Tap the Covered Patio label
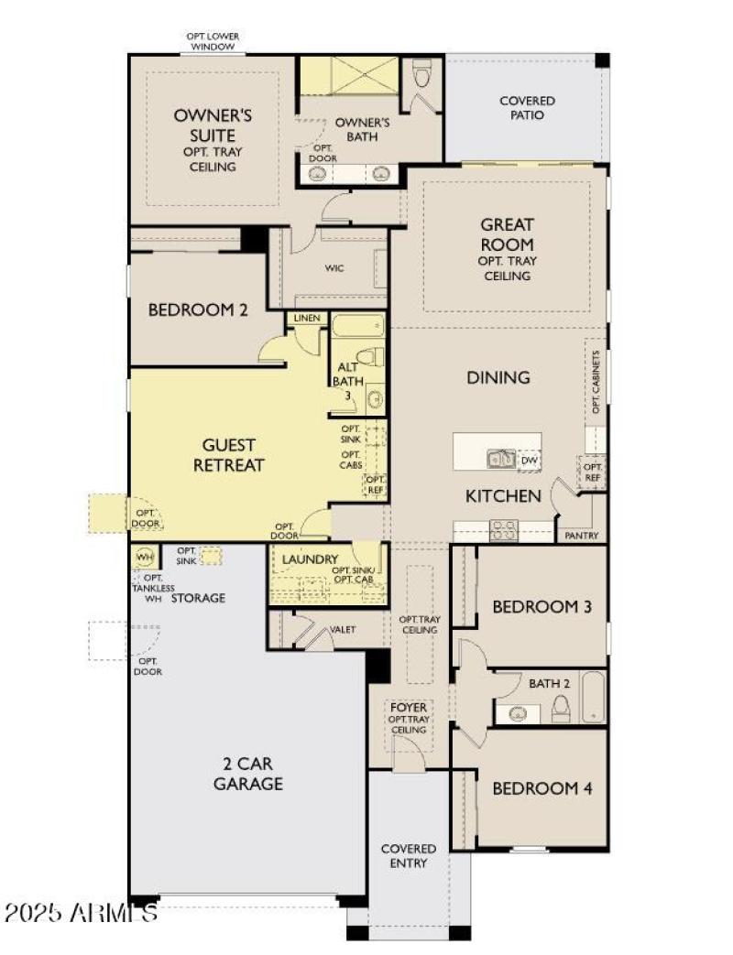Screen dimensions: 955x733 [527, 108]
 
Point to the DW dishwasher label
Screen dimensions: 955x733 [529, 461]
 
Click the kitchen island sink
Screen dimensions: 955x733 [500, 459]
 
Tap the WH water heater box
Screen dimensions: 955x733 [144, 557]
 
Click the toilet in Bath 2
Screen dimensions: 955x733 [561, 708]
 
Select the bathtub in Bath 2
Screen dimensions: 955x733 [593, 699]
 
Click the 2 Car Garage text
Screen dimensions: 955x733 [247, 774]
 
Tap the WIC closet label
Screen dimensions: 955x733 [334, 269]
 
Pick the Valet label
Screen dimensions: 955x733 [343, 630]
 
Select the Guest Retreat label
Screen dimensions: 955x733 [229, 455]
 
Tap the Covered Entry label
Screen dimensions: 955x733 [409, 855]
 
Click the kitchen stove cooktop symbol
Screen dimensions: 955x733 [504, 529]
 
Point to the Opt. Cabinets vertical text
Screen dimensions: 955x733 [595, 383]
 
